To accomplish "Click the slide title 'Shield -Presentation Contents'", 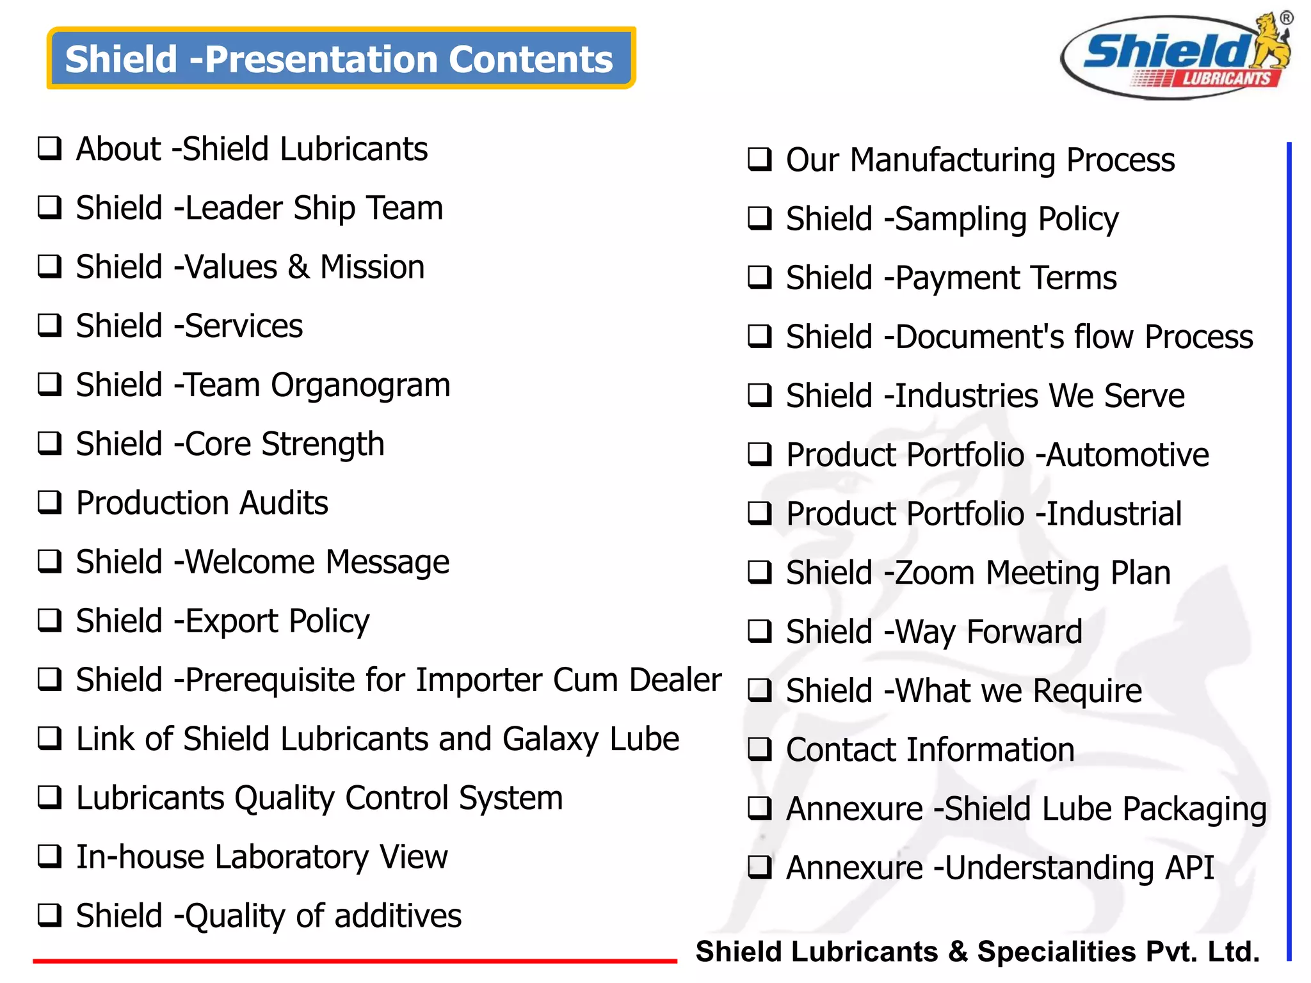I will pyautogui.click(x=339, y=59).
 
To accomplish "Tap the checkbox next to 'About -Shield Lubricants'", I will pyautogui.click(x=50, y=148).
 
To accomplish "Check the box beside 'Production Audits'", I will pyautogui.click(x=50, y=502).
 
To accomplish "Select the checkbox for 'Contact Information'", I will pyautogui.click(x=760, y=749).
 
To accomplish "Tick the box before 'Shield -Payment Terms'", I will pyautogui.click(x=760, y=278).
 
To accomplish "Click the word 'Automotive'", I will pyautogui.click(x=1128, y=455).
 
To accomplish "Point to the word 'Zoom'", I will pyautogui.click(x=934, y=573).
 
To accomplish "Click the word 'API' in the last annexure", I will pyautogui.click(x=1189, y=868).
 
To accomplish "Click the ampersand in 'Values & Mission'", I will pyautogui.click(x=298, y=267).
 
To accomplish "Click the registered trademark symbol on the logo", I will pyautogui.click(x=1286, y=18).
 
